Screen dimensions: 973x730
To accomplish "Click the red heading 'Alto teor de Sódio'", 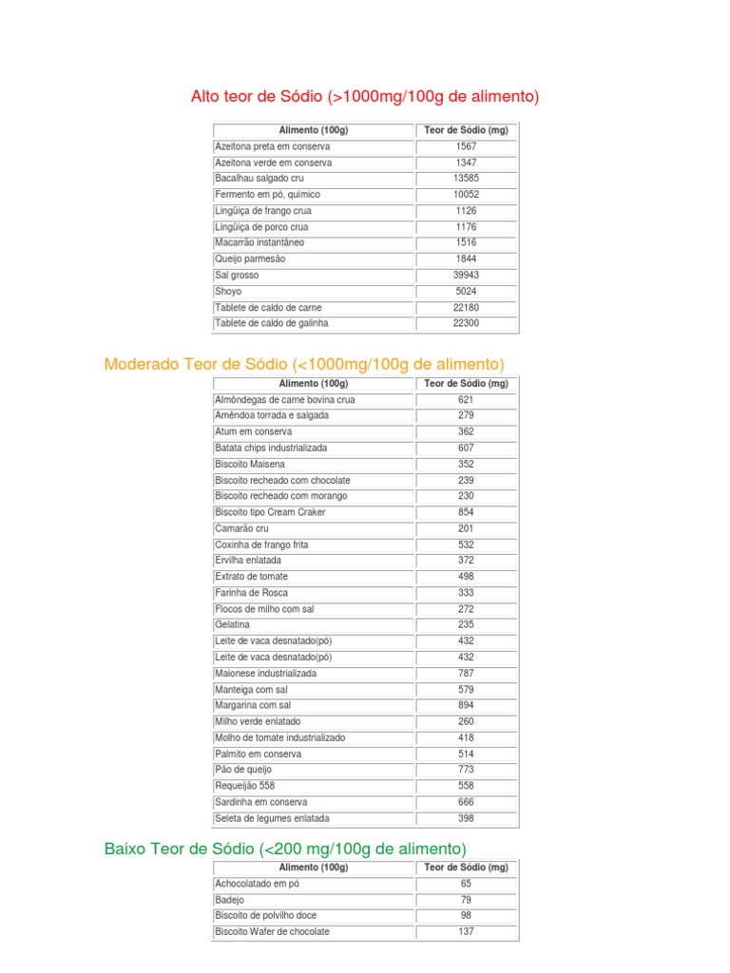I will click(365, 96).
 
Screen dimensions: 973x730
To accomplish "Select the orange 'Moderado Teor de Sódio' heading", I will click(304, 365).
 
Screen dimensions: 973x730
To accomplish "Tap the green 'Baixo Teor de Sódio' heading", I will click(285, 849).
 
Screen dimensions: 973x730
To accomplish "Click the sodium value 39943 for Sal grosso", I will click(466, 275).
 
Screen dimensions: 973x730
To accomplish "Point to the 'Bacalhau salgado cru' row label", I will click(259, 179).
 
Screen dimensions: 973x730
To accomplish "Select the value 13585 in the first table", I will click(466, 179).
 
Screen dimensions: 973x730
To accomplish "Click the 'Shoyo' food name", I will click(228, 291).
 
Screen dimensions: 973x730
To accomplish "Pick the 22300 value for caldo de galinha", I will click(466, 323).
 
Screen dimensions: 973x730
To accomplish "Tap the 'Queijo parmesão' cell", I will click(250, 258).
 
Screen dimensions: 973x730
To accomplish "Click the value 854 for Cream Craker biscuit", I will click(466, 512).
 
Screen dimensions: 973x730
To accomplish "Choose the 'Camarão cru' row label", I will click(242, 528).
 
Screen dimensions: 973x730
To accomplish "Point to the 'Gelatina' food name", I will click(233, 624).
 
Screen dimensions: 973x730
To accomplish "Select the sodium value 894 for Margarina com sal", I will click(466, 705).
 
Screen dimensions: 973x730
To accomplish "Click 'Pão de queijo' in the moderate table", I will click(243, 769).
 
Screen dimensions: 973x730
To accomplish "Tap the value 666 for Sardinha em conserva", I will click(466, 802).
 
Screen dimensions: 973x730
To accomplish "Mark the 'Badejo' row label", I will click(230, 900).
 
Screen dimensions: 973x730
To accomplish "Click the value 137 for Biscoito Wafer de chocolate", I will click(466, 932).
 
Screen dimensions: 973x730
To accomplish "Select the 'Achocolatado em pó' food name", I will click(257, 884).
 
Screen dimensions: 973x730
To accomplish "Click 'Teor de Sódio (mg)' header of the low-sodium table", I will click(466, 868).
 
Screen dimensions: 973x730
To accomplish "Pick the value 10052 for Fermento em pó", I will click(466, 195).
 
